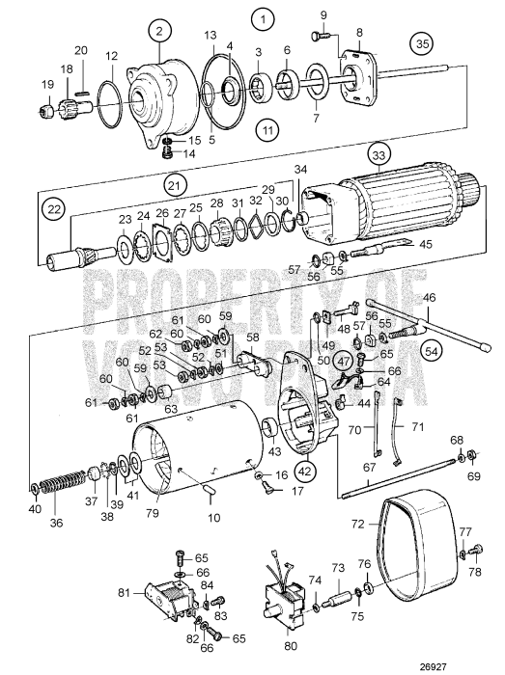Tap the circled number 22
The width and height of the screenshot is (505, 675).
tap(53, 209)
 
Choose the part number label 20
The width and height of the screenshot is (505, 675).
tap(81, 50)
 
